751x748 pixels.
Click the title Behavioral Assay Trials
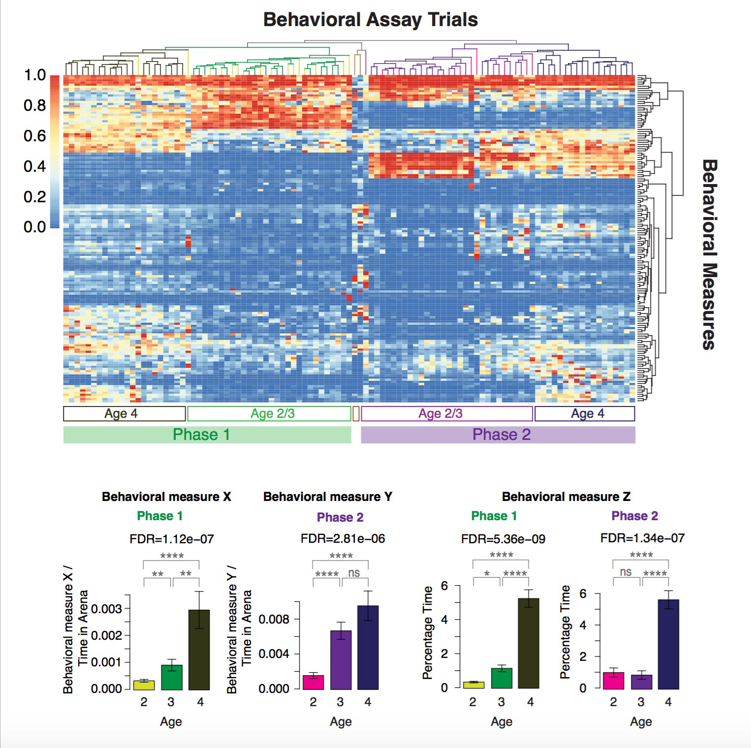(371, 20)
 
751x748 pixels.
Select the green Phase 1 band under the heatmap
(207, 435)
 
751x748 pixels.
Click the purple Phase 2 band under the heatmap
(498, 435)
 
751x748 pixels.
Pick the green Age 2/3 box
(269, 414)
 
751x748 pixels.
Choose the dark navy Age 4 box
(585, 414)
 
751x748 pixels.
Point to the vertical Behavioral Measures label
(708, 254)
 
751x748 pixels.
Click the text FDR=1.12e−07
(172, 539)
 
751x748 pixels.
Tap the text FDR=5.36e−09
(503, 539)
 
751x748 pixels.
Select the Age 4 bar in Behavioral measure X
(199, 649)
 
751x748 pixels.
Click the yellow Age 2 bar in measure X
(144, 685)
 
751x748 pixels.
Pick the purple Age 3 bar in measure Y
(341, 659)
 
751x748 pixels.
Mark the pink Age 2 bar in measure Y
(313, 682)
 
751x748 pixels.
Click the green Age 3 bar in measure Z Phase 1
(501, 678)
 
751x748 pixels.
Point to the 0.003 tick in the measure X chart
(106, 609)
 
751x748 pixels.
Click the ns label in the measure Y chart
(354, 573)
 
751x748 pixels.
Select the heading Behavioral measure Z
(566, 497)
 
